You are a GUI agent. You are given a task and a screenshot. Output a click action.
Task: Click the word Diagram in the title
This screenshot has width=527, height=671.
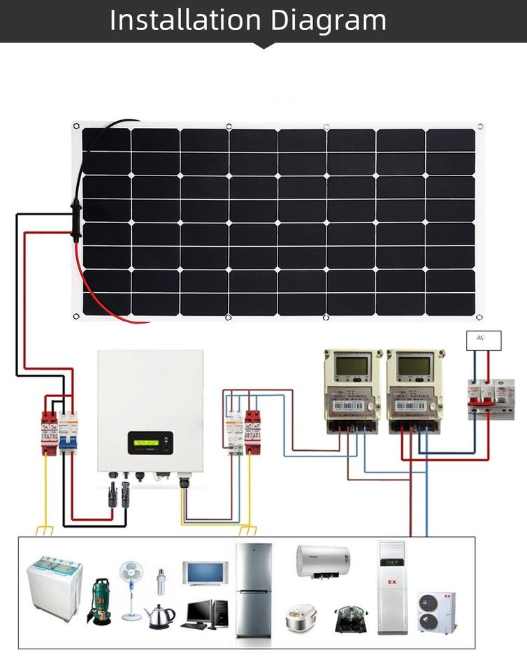329,21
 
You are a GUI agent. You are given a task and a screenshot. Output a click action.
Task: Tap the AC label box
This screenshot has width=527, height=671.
484,340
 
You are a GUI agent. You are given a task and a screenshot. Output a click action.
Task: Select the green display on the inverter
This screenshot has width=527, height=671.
149,442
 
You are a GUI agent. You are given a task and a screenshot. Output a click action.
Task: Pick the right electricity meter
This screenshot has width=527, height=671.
414,391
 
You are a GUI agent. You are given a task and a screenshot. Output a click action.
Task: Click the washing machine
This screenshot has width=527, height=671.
55,587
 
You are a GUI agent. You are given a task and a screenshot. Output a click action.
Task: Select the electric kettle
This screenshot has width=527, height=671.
160,616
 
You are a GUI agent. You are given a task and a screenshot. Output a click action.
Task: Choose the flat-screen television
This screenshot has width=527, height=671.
205,573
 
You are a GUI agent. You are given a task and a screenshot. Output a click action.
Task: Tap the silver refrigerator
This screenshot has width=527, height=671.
253,590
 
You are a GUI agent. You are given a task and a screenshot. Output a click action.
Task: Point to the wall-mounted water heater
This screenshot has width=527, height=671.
322,561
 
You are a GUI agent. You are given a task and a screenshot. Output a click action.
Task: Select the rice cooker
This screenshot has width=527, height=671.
301,618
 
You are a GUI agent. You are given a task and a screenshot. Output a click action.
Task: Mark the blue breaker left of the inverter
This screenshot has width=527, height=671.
68,432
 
